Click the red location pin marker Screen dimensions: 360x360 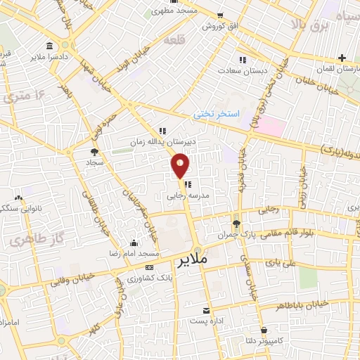[181, 165]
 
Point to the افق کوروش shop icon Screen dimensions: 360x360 [220, 15]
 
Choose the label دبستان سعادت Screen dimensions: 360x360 [239, 70]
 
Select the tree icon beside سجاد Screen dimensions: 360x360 [94, 150]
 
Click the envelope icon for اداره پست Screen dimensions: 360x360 [206, 310]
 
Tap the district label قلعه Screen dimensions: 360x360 [174, 41]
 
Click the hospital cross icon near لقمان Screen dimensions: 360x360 [342, 58]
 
